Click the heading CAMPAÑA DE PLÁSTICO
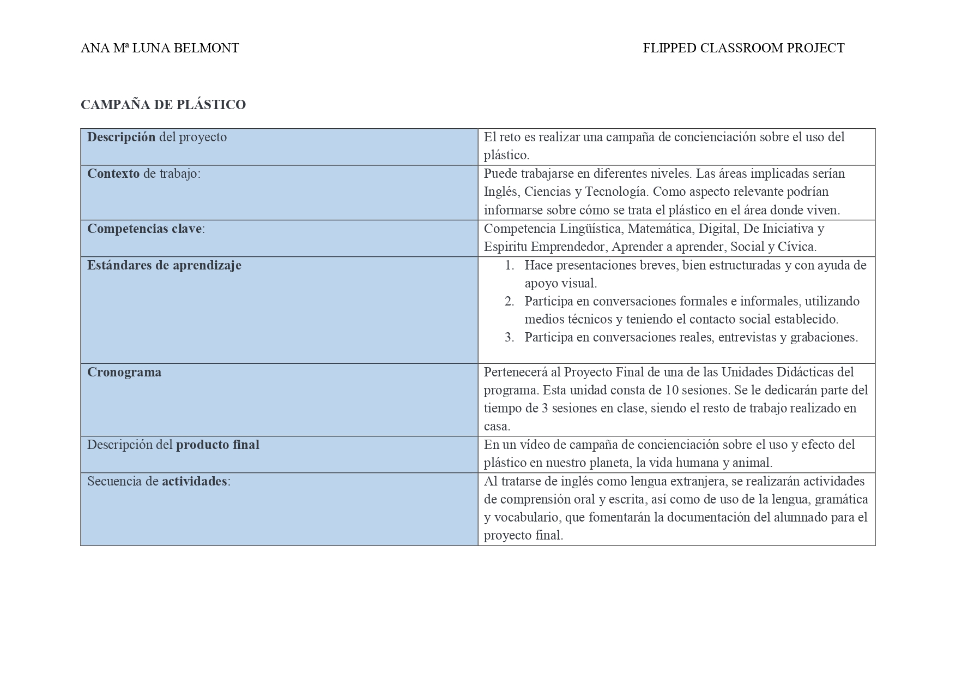[163, 105]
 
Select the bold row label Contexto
[113, 174]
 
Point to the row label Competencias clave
[144, 229]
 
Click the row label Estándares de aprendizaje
[164, 266]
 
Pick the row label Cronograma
[124, 373]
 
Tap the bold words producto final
[217, 445]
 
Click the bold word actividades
[195, 482]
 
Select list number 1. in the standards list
[510, 266]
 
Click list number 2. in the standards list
[510, 302]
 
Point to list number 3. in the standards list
[510, 338]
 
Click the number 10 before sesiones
[673, 391]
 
